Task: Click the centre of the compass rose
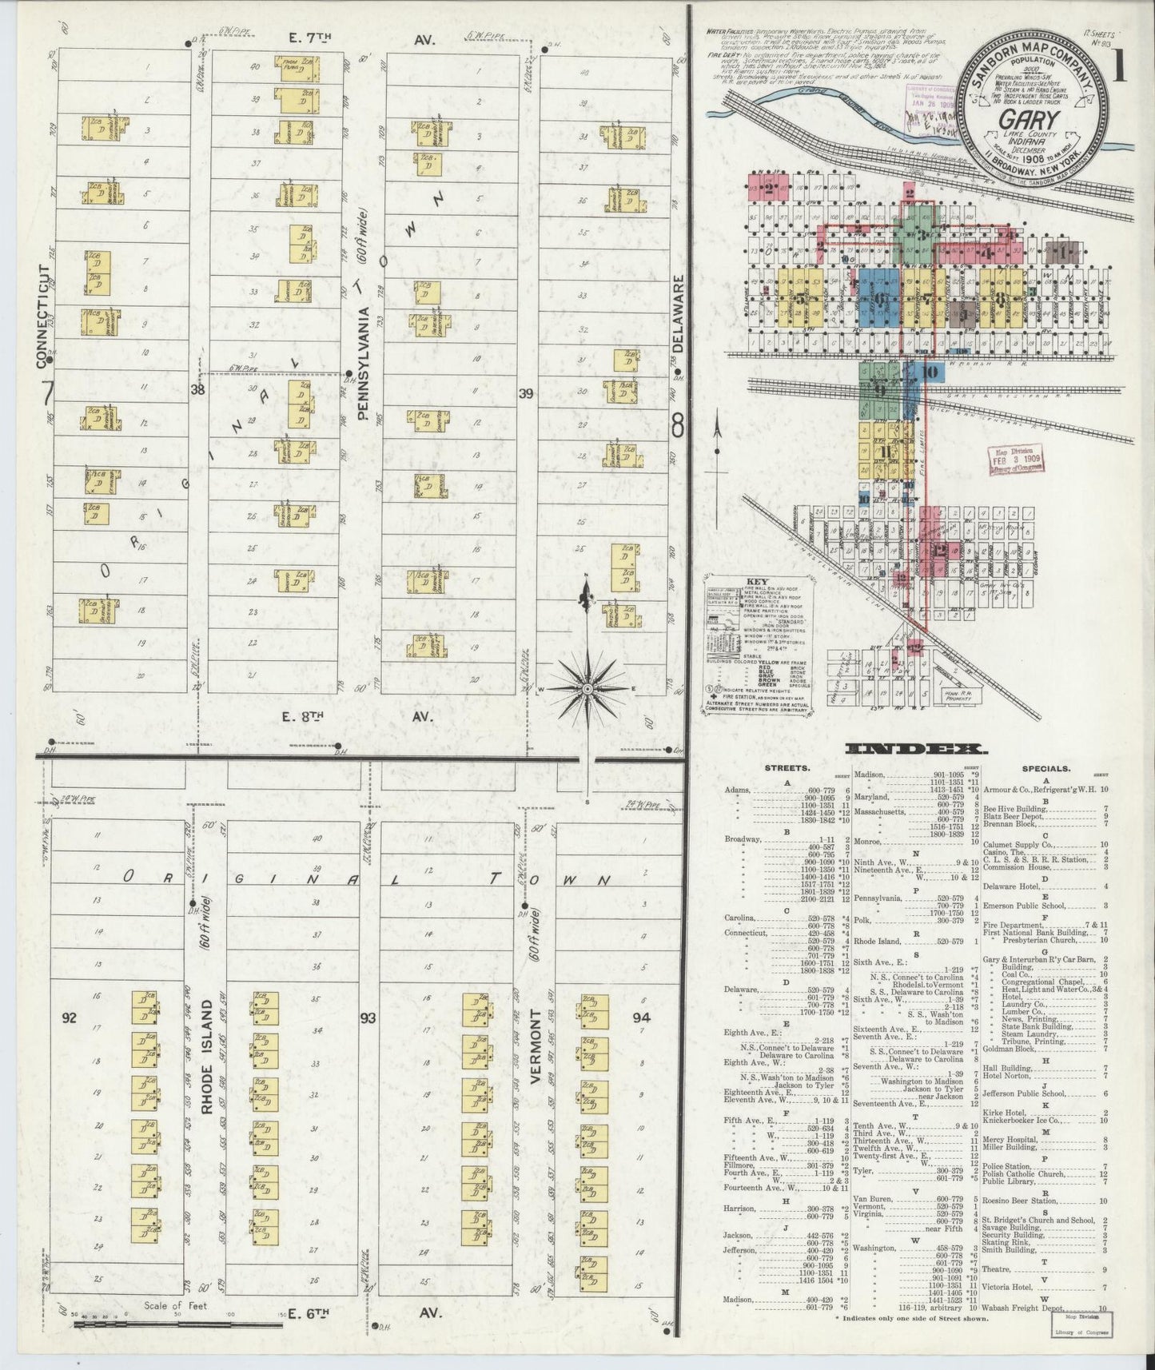coord(587,688)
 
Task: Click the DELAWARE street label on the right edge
coord(679,315)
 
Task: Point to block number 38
coord(197,390)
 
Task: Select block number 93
coord(368,1018)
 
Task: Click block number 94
coord(641,1018)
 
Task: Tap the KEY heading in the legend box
coord(755,582)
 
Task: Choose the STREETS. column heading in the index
coord(787,768)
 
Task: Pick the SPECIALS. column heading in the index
coord(1045,768)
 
